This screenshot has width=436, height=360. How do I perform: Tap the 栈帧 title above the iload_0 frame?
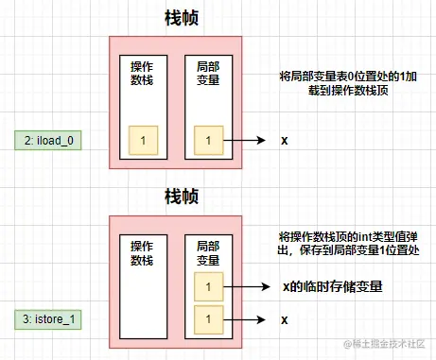click(180, 19)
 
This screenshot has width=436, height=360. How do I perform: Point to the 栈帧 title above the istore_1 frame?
click(180, 197)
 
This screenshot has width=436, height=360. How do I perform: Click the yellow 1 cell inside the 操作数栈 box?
click(142, 141)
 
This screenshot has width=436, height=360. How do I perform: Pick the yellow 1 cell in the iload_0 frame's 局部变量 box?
click(209, 141)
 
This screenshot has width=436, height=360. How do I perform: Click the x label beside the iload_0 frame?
click(285, 141)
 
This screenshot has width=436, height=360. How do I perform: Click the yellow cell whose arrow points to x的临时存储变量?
click(209, 286)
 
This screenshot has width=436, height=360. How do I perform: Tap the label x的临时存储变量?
click(332, 286)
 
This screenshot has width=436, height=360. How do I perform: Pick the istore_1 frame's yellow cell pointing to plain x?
click(209, 318)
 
